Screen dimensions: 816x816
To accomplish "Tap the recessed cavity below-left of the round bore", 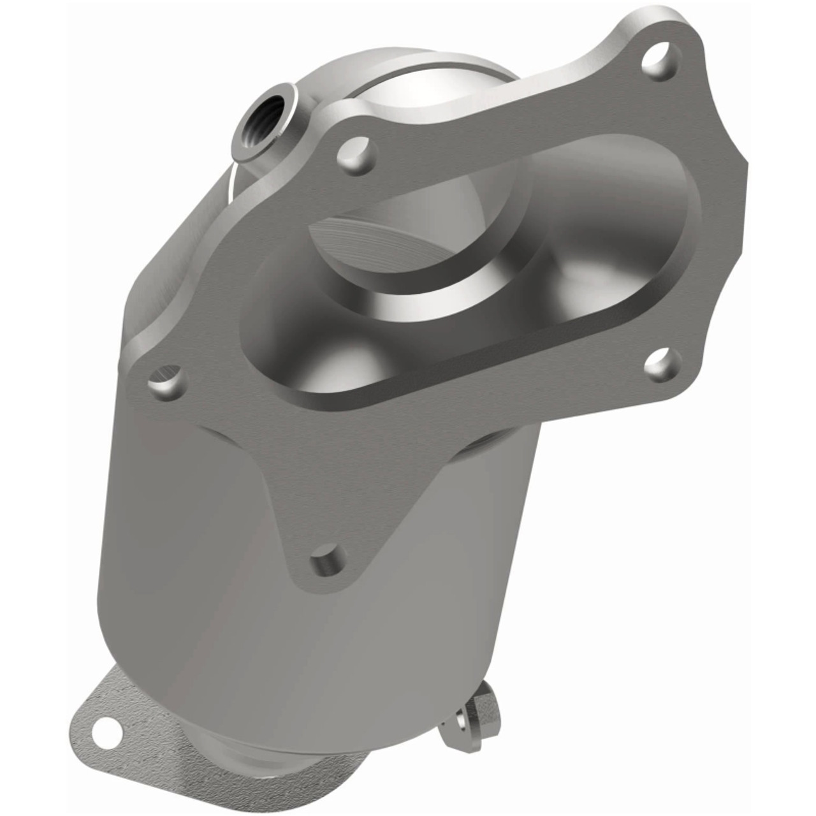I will (331, 357).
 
